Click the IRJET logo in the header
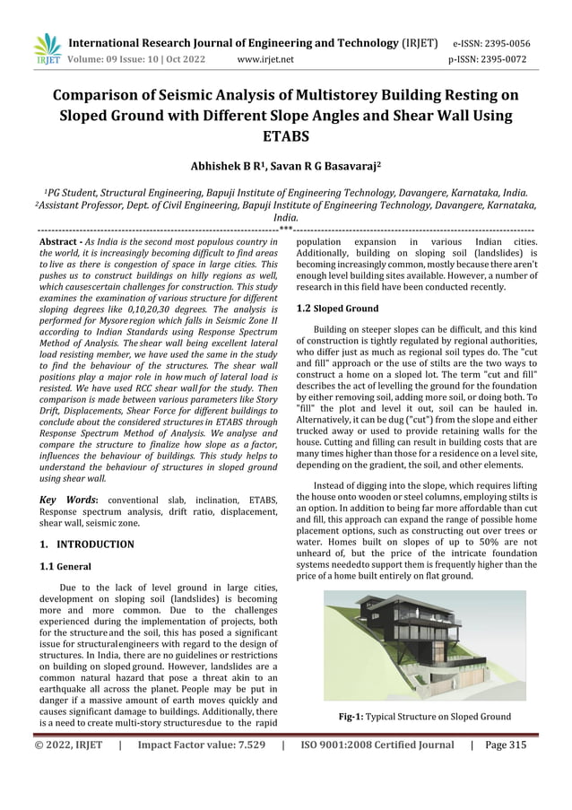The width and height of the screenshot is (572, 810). tap(47, 50)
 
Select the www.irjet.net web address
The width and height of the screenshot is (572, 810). tap(265, 60)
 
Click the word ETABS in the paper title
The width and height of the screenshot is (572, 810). tap(285, 137)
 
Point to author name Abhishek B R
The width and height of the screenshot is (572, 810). tap(230, 167)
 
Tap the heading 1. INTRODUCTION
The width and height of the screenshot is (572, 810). tap(88, 544)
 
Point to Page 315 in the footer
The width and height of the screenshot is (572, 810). tap(506, 745)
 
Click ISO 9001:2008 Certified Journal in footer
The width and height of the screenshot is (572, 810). tap(377, 745)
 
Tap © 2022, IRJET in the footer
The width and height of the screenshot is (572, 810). tap(68, 745)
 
